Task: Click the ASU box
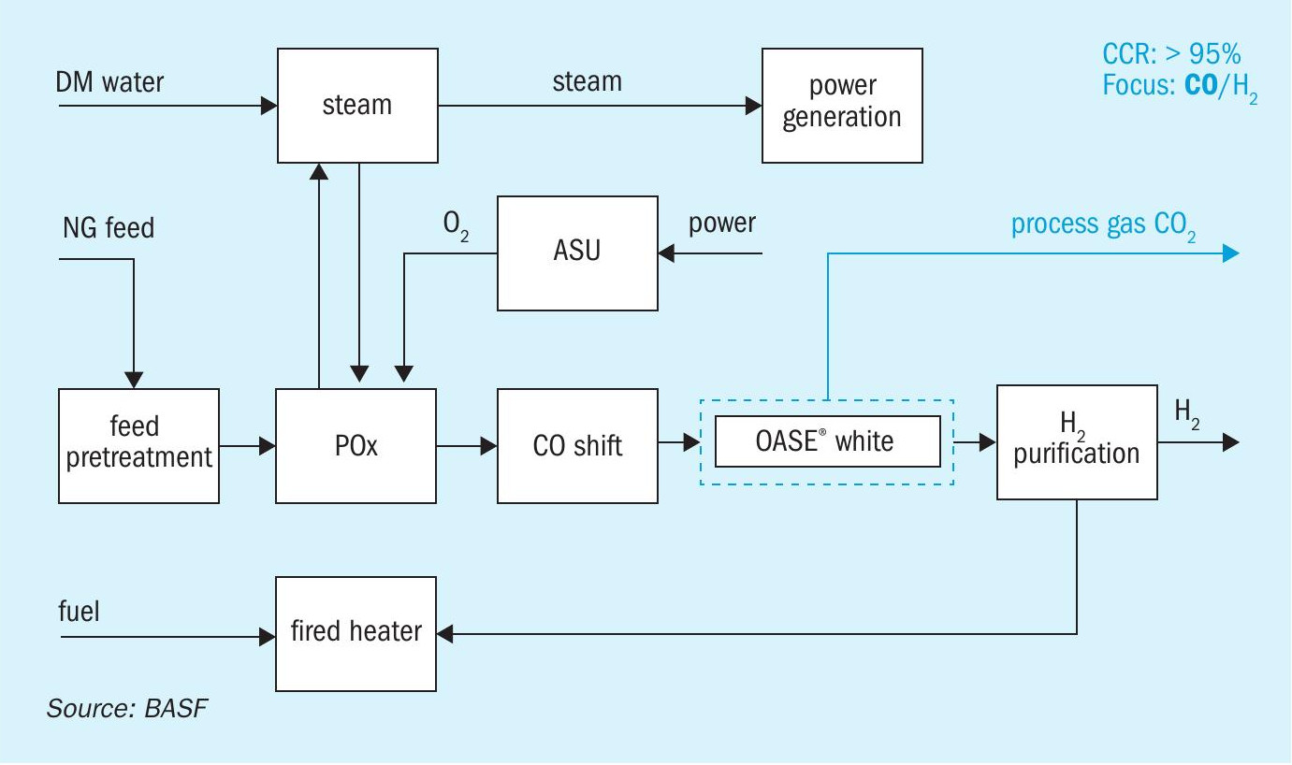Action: click(x=577, y=253)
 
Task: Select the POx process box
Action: click(x=356, y=445)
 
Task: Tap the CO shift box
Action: click(x=577, y=445)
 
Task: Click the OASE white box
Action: click(x=828, y=441)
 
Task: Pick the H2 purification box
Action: click(x=1077, y=442)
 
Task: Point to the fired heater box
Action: click(x=356, y=633)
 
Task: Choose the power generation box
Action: click(x=842, y=106)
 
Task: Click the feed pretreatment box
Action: click(x=139, y=445)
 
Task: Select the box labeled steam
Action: click(x=357, y=106)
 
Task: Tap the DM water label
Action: click(x=109, y=82)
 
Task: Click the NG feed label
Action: click(x=109, y=228)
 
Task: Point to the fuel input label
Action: click(x=79, y=611)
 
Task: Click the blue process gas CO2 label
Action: click(x=1103, y=226)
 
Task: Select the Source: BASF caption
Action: click(x=127, y=708)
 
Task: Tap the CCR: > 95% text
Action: click(x=1171, y=53)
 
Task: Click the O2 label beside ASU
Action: click(x=456, y=224)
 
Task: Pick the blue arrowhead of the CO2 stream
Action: click(x=1231, y=253)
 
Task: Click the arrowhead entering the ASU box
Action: click(x=666, y=253)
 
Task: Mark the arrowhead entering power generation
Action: click(x=753, y=106)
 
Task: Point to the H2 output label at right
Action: click(x=1187, y=412)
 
